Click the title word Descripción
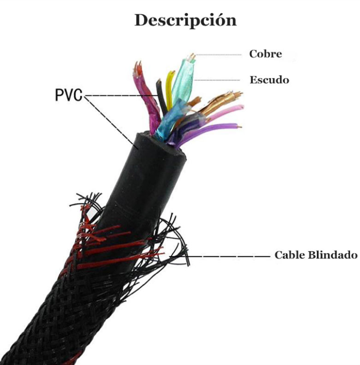coord(185,21)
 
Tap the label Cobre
coord(265,54)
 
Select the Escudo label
coord(269,80)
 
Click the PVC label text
coord(69,94)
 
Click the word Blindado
coord(333,255)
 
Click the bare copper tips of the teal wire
coord(191,57)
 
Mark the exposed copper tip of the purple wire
coord(240,126)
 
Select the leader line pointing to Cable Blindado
coord(228,256)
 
